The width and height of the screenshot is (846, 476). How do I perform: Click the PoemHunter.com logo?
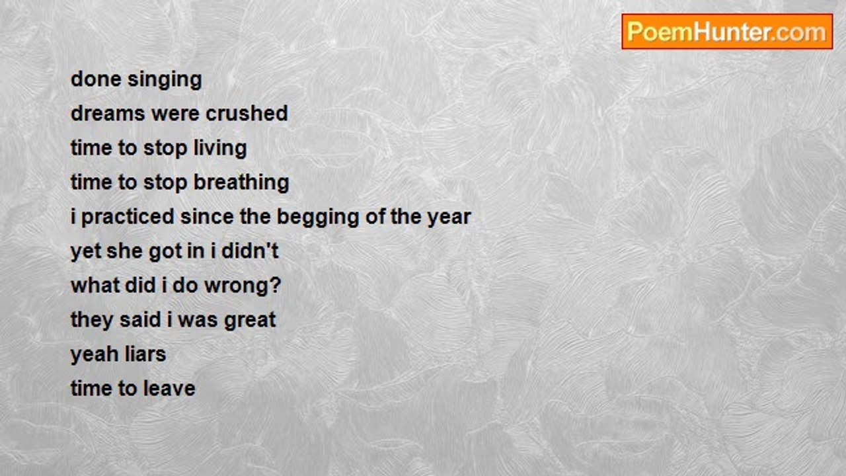[x=727, y=32]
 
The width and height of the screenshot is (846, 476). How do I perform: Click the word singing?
[x=165, y=81]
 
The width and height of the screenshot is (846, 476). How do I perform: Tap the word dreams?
[x=108, y=113]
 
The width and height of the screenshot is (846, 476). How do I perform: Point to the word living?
[x=220, y=149]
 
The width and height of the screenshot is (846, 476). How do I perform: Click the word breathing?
[x=242, y=183]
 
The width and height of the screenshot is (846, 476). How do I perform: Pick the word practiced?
[x=128, y=218]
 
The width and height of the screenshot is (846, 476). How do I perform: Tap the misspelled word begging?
[x=318, y=218]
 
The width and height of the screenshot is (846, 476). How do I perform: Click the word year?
[x=449, y=218]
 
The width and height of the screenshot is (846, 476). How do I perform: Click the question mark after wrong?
[x=276, y=285]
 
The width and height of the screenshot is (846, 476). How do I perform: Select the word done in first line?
[x=96, y=79]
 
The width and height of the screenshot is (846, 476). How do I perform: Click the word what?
[x=96, y=285]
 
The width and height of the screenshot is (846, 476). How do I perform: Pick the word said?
[x=140, y=319]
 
